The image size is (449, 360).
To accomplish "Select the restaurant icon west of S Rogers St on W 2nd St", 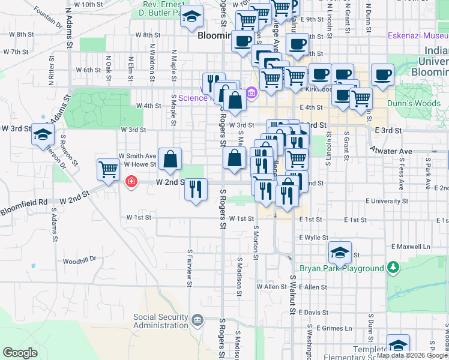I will [196, 190].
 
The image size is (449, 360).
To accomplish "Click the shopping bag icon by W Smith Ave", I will [170, 160].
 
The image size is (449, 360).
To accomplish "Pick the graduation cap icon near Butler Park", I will [191, 18].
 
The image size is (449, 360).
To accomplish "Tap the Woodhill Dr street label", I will [79, 260].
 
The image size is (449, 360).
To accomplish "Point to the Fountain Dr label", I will [49, 19].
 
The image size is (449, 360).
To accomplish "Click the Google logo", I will [20, 353].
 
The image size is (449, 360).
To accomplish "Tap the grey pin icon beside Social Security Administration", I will [197, 319].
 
